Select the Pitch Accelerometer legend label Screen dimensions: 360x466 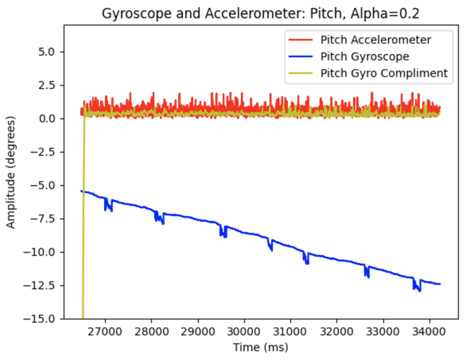tap(376, 40)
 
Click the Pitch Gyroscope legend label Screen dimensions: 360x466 tap(365, 56)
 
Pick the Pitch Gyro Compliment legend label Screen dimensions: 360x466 tap(384, 73)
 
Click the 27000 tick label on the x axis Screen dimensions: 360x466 tap(105, 331)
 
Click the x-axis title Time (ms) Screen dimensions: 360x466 tap(260, 347)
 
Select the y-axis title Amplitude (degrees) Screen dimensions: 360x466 tap(11, 172)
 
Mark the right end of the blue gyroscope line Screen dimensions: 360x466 tap(439, 284)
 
